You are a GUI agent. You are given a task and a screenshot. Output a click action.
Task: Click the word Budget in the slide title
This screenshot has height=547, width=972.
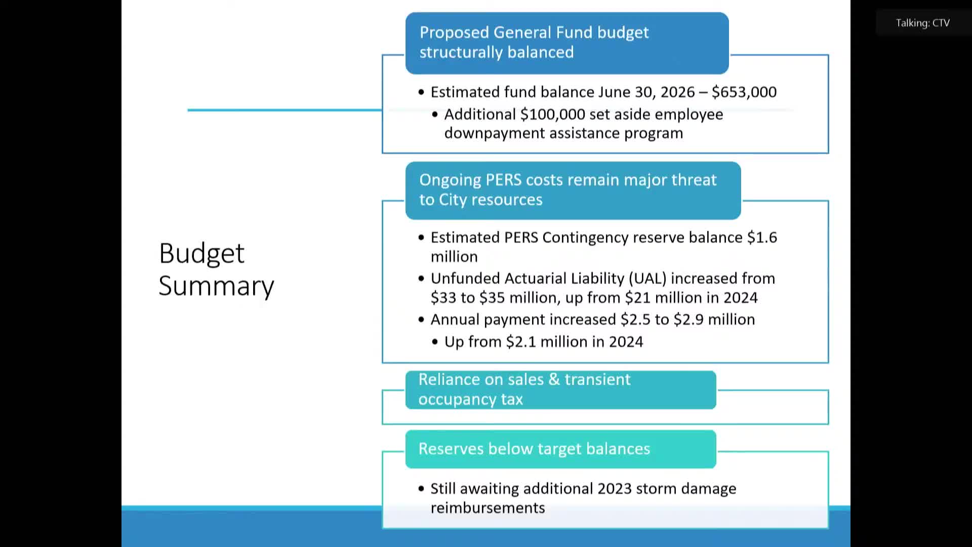(201, 253)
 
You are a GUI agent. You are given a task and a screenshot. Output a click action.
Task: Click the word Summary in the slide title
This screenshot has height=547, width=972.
(216, 286)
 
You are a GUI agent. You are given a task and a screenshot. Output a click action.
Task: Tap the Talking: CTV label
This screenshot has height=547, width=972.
(922, 23)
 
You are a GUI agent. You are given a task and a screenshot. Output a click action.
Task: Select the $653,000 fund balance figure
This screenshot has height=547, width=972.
(744, 92)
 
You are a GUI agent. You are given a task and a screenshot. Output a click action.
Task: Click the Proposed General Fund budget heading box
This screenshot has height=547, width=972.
(566, 43)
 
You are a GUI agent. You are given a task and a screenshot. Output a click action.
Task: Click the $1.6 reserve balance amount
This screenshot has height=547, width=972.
(762, 238)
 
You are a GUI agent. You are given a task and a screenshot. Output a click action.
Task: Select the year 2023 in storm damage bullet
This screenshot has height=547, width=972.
(614, 489)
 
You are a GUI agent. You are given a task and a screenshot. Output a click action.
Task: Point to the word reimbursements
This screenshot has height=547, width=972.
(488, 508)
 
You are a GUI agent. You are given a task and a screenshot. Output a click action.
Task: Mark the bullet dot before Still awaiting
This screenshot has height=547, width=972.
(421, 489)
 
